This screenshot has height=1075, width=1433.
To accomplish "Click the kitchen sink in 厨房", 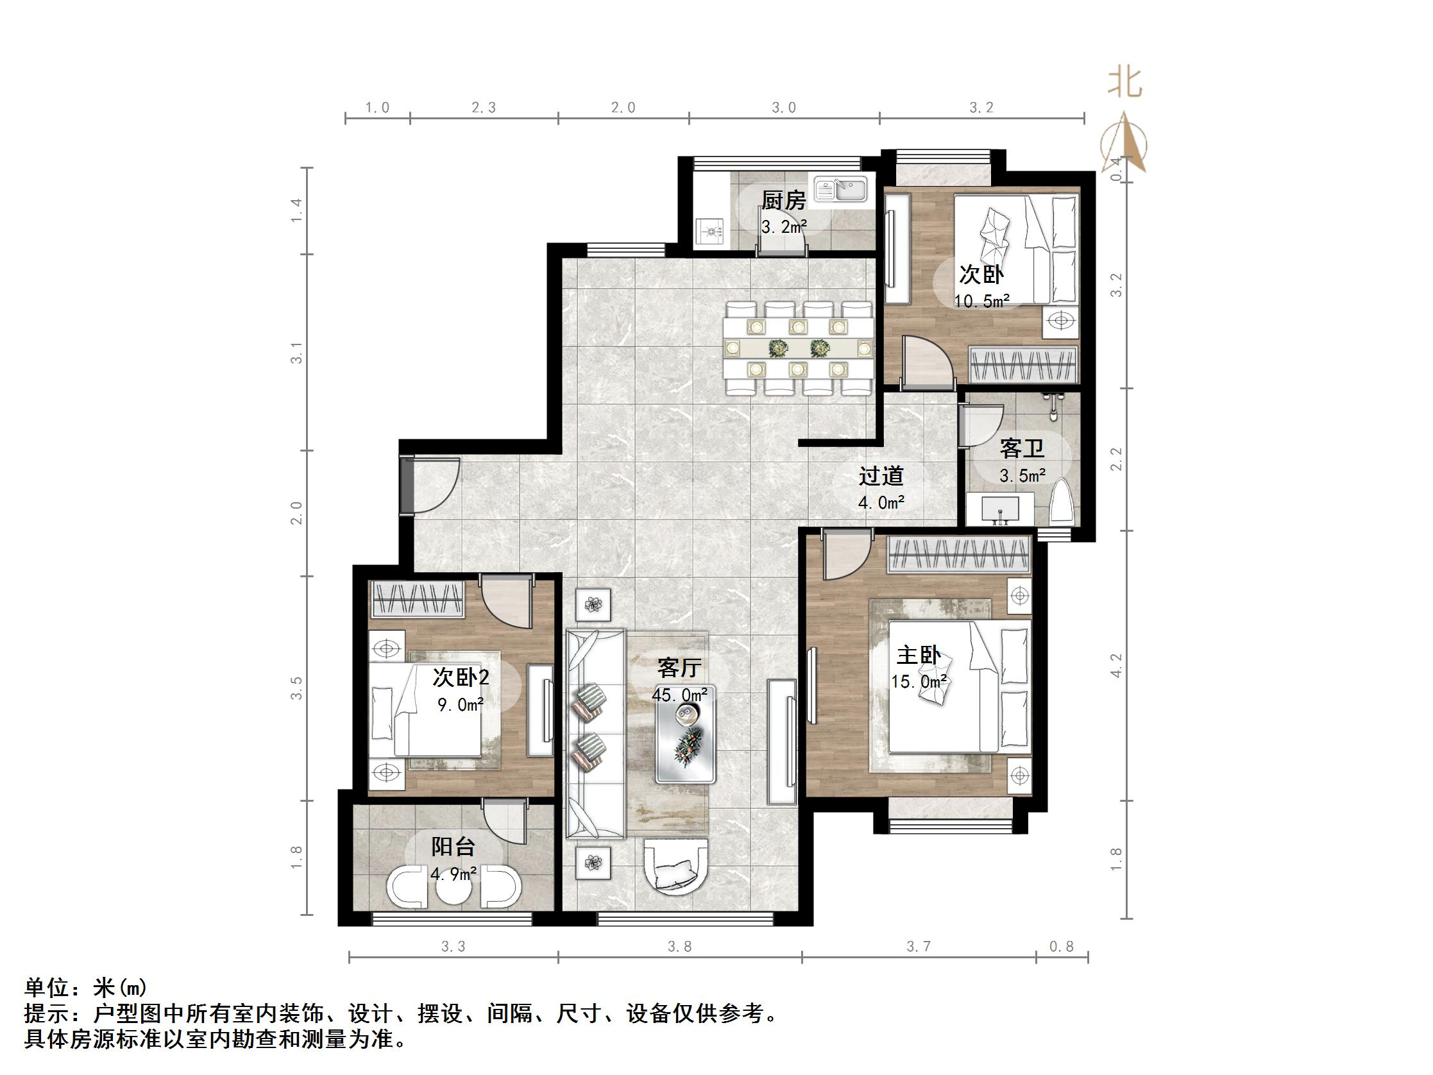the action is point(841,189).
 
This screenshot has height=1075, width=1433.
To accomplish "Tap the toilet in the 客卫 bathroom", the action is point(1062,502).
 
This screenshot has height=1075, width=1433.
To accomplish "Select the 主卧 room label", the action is point(919,656).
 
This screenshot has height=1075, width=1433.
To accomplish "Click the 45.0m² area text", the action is point(679,695).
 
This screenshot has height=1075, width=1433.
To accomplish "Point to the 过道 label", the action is point(881,477).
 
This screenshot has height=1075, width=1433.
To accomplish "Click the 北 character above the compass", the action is point(1124,82).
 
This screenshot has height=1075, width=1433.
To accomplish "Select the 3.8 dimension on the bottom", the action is point(679,947).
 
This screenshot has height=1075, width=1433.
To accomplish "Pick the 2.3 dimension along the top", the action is point(483,108).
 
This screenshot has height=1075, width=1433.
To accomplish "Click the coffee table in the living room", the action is point(686,734).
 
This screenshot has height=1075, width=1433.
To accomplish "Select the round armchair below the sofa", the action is point(676,867).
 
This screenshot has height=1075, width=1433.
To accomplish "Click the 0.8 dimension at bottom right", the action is point(1062,947).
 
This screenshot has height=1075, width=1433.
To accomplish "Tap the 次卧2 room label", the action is point(461,677).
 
